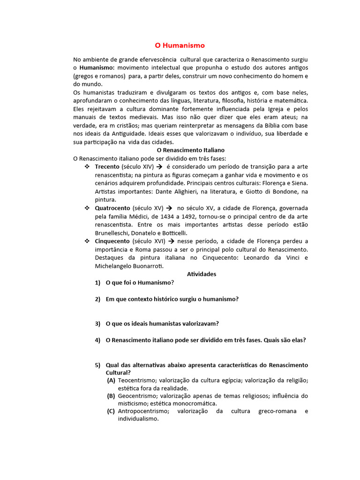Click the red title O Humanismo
[180, 45]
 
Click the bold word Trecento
[107, 166]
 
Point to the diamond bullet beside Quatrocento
[87, 208]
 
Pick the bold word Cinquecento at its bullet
[112, 241]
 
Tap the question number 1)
[97, 283]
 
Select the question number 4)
[97, 340]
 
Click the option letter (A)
[111, 380]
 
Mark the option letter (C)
[111, 411]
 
